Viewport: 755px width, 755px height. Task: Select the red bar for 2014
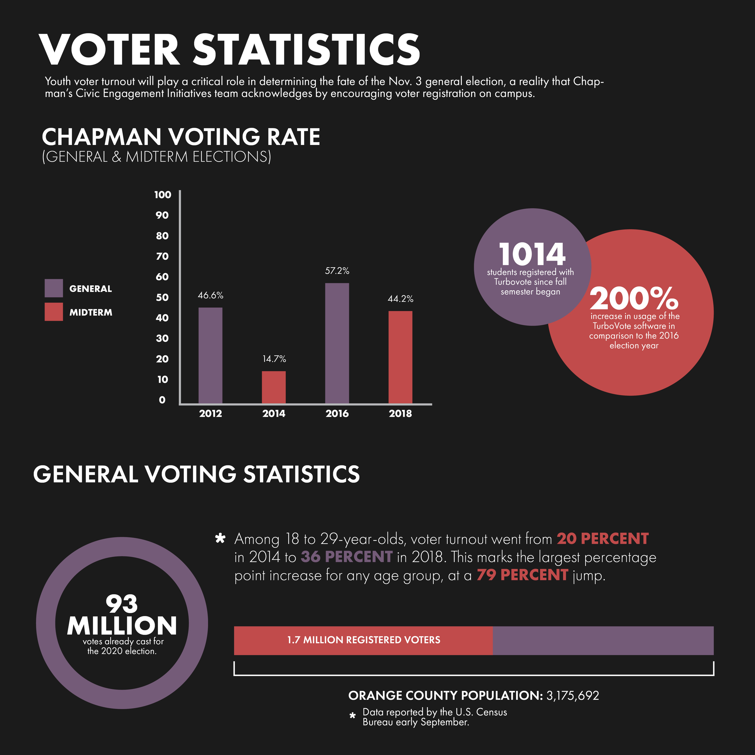point(274,387)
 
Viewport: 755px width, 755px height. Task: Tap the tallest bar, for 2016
point(337,343)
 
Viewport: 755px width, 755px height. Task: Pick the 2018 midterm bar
point(400,357)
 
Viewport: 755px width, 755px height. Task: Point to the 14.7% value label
point(274,359)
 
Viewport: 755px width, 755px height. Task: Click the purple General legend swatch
point(53,288)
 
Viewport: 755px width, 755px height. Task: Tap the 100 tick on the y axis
point(162,194)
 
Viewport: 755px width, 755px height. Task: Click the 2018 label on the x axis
point(400,413)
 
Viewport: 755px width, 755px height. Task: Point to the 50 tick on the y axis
point(162,297)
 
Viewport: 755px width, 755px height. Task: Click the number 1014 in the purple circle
point(532,254)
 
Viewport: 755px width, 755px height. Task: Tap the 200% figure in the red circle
point(634,299)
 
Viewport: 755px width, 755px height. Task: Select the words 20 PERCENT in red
point(602,538)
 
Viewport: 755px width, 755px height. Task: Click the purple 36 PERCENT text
point(346,557)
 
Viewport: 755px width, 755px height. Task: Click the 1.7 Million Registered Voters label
point(363,640)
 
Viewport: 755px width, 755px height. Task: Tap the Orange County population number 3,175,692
point(573,696)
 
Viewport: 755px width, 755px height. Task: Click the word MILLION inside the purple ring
point(122,626)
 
